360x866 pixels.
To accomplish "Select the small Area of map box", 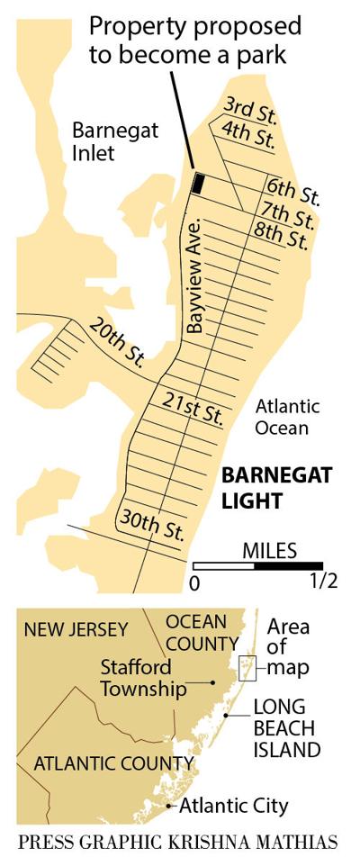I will (x=245, y=667).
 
